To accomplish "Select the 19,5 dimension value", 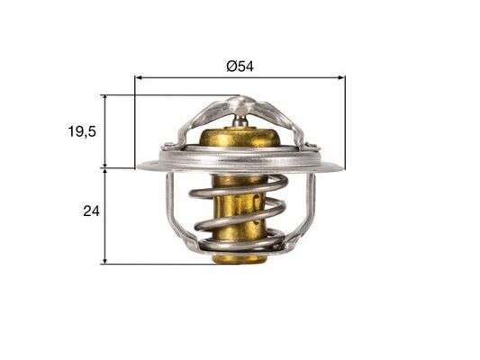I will click(x=81, y=131).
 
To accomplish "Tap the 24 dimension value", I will click(x=90, y=212).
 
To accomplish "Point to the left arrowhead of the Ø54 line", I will click(x=139, y=78).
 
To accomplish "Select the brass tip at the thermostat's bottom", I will click(x=239, y=258).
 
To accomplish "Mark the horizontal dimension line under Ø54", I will click(x=270, y=78).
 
